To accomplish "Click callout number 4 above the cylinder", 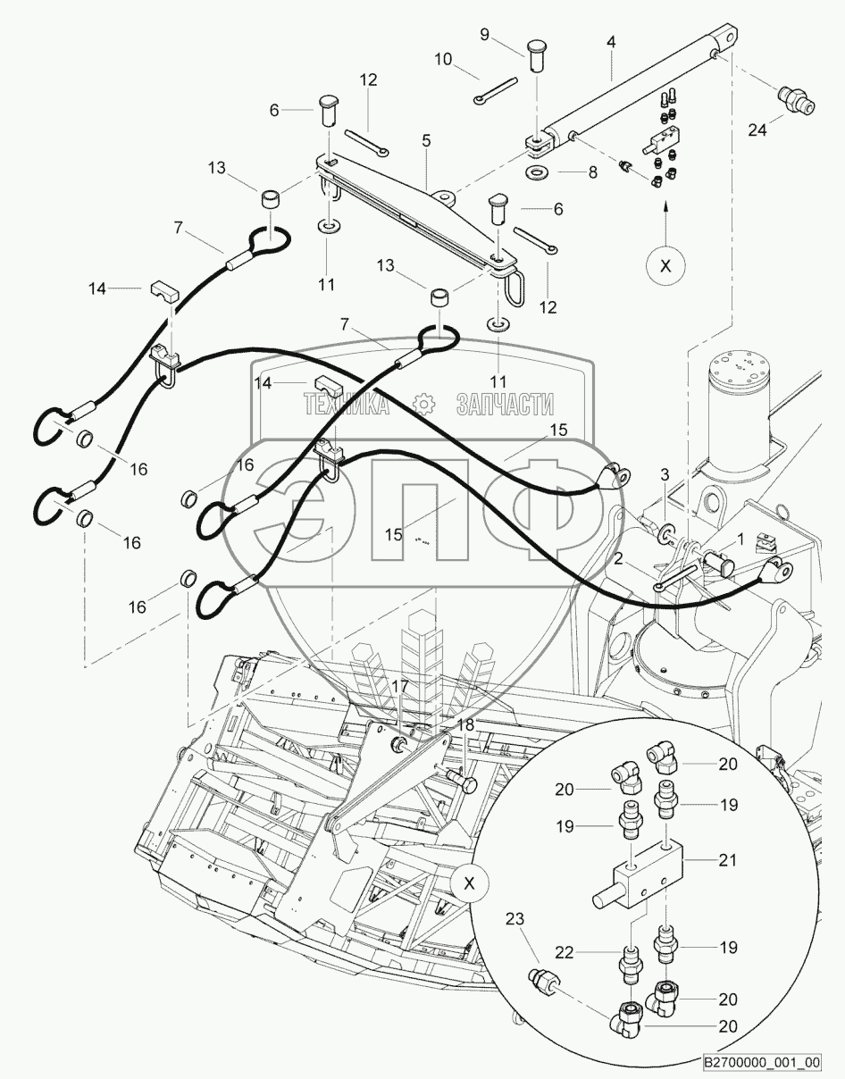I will click(610, 41).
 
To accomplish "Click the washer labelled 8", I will click(538, 171).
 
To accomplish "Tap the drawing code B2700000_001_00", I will click(760, 1062).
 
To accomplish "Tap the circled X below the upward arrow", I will click(664, 265).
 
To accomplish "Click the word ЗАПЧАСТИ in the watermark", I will click(505, 406).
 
